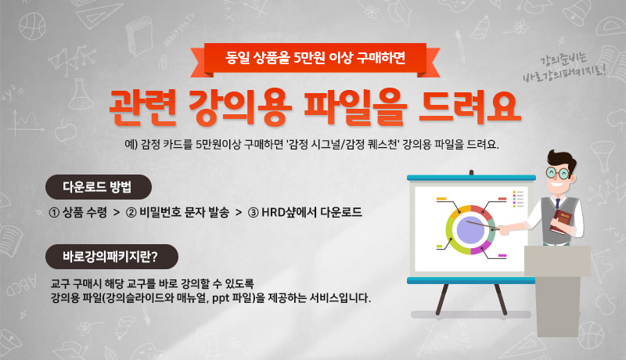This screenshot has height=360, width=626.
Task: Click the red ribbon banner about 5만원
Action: (315, 59)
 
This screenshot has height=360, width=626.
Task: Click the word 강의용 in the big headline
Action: (239, 107)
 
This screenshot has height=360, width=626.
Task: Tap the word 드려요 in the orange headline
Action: (469, 107)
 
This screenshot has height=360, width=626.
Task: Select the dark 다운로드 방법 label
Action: (99, 187)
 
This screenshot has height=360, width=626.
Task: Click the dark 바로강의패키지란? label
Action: (112, 257)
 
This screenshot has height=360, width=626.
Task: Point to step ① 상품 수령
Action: (77, 212)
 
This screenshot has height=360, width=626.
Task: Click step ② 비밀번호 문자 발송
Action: (178, 212)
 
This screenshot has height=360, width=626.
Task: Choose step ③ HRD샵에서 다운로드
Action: (305, 212)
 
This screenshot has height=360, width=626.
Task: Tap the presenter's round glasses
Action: (558, 173)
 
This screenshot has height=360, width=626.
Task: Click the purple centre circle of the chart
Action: (470, 230)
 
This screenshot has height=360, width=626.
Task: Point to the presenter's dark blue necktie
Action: (557, 203)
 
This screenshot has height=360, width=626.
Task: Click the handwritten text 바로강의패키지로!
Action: (564, 74)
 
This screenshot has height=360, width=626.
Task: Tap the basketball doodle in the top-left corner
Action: (32, 26)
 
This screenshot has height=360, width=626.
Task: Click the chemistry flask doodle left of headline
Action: (81, 94)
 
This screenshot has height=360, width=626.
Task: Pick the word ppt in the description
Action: (221, 298)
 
